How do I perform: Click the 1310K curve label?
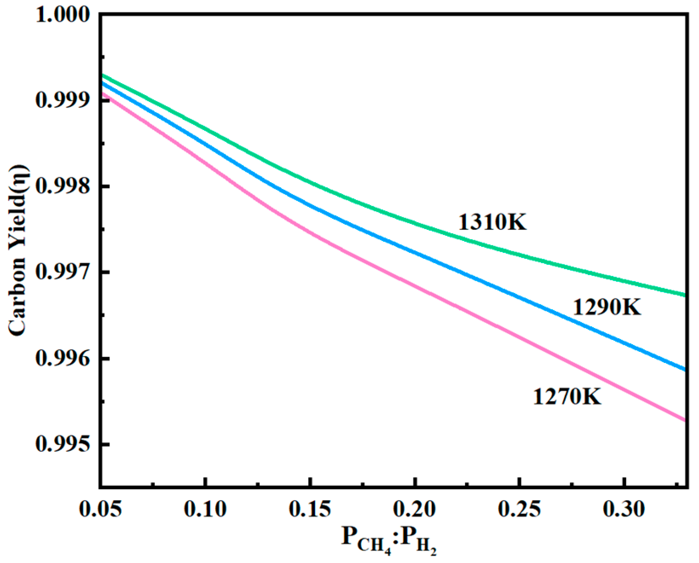click(492, 222)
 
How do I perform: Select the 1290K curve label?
click(607, 307)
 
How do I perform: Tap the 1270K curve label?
click(567, 397)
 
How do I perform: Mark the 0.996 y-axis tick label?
click(63, 359)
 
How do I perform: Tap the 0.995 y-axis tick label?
click(63, 444)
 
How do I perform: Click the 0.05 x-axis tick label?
click(101, 509)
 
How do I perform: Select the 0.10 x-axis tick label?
click(205, 509)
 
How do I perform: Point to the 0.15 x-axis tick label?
click(310, 509)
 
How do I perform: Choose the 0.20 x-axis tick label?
click(414, 509)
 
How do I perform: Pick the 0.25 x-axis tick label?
click(519, 509)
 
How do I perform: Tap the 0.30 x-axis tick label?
click(624, 509)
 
